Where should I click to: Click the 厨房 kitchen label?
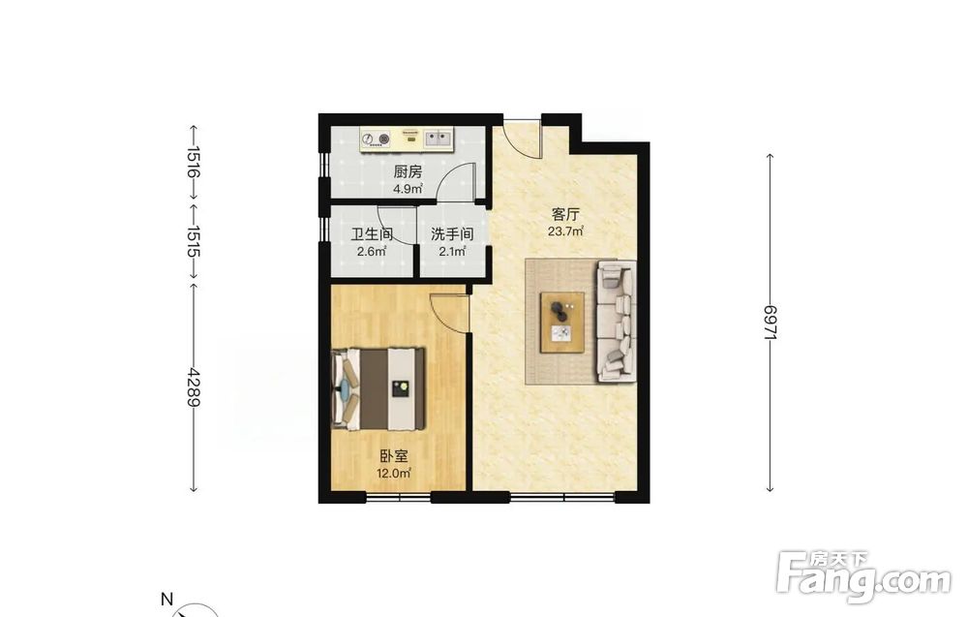click(408, 171)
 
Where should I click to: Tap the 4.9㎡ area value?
click(408, 188)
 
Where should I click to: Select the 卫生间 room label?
click(372, 234)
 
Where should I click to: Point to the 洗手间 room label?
click(452, 234)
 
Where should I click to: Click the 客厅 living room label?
click(565, 215)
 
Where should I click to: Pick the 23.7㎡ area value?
click(565, 231)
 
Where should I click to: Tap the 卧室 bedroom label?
click(394, 456)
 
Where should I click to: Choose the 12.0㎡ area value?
click(394, 473)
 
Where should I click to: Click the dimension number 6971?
click(770, 323)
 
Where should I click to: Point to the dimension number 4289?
click(194, 387)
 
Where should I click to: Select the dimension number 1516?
click(194, 162)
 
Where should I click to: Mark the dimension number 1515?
click(194, 241)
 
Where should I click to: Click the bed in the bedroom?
click(378, 389)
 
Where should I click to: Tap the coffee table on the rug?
click(562, 322)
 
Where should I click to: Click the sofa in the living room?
click(616, 321)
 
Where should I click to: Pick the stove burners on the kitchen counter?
click(376, 139)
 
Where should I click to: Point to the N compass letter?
click(166, 599)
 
